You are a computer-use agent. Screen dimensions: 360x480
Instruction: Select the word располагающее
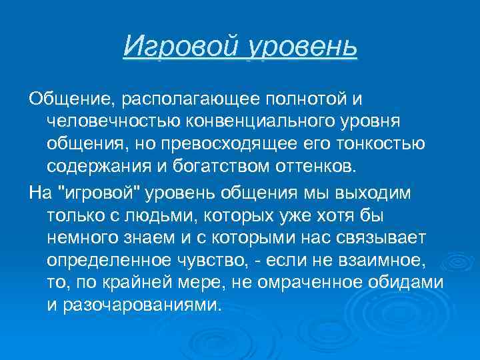point(187,99)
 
